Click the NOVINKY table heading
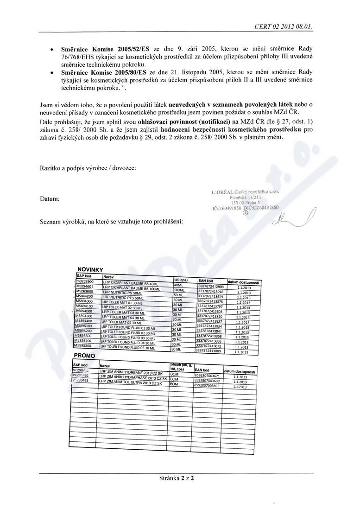(x=90, y=269)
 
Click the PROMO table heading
(x=85, y=356)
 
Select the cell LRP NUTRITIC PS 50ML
(x=123, y=293)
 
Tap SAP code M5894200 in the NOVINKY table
(x=84, y=312)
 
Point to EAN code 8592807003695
(x=207, y=385)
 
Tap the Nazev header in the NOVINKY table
(x=108, y=276)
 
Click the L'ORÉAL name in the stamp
(x=222, y=192)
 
